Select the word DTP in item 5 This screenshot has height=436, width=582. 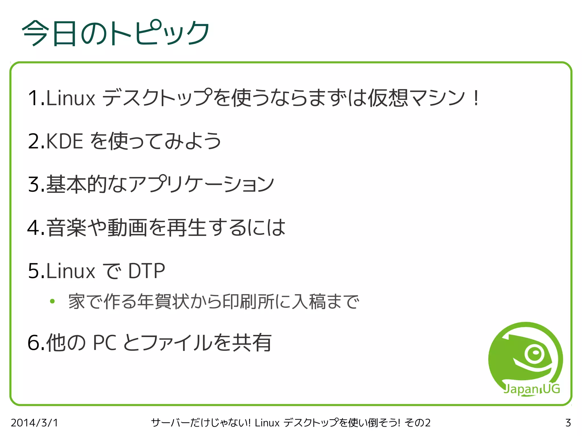(146, 271)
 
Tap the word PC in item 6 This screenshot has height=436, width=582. (105, 343)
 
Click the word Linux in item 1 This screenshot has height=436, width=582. (70, 98)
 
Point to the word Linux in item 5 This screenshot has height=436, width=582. (70, 271)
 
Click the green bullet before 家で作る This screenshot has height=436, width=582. (52, 301)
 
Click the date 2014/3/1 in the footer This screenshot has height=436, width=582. (34, 423)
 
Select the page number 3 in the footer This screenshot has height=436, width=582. (568, 423)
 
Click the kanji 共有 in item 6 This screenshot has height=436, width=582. (252, 343)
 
